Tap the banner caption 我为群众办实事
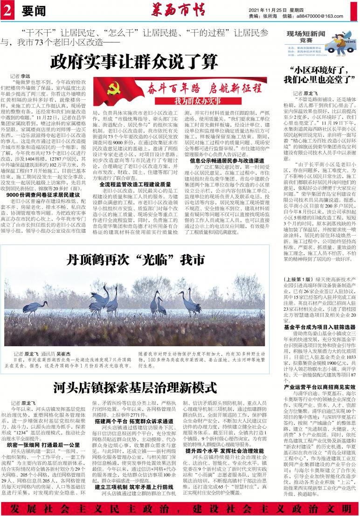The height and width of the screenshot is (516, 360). (x=197, y=100)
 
